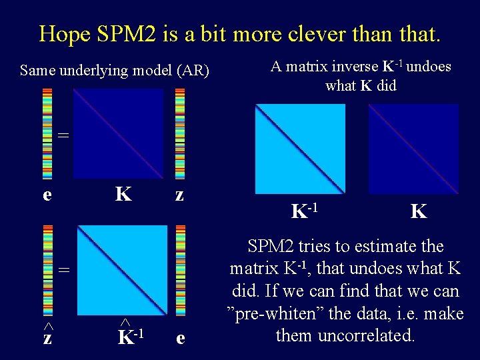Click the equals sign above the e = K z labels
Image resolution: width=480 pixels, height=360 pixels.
pos(62,135)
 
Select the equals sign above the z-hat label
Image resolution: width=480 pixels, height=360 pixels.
pos(62,270)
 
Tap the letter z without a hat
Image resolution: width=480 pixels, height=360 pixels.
pos(179,194)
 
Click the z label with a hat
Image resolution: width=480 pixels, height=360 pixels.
pos(48,337)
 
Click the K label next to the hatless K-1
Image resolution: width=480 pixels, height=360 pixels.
pos(419,212)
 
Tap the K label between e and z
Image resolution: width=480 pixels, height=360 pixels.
pos(123,194)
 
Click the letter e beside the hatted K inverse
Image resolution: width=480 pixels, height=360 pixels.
pos(180,338)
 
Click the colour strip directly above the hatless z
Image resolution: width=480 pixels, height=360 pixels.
pos(179,133)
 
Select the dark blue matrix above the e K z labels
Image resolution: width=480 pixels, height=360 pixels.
pos(118,133)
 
